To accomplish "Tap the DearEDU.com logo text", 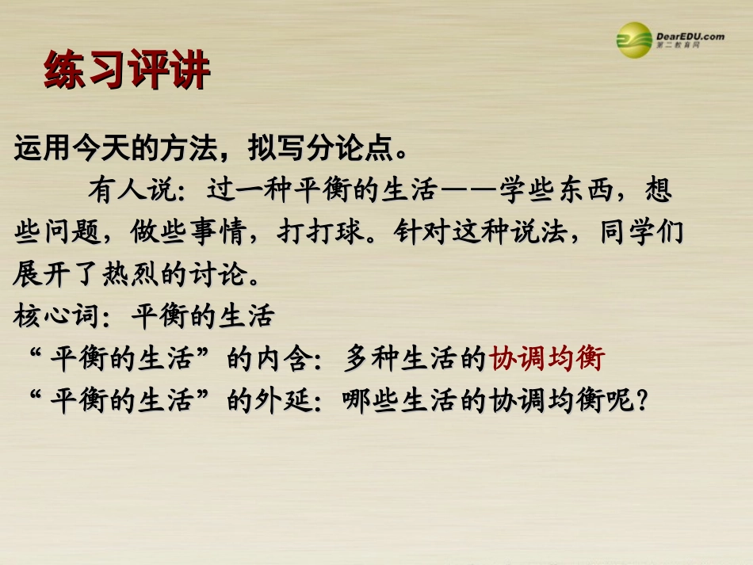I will click(x=690, y=36).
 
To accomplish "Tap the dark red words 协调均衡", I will click(x=547, y=360).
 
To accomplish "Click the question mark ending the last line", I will click(x=642, y=402).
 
